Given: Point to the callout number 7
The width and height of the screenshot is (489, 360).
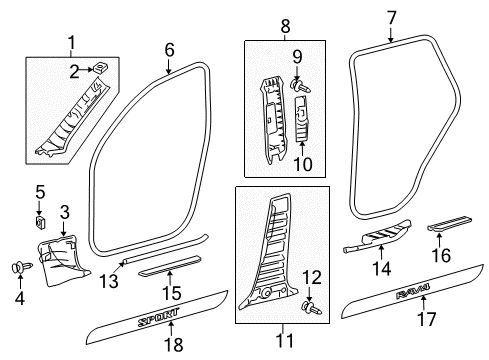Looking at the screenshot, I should pyautogui.click(x=391, y=17).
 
